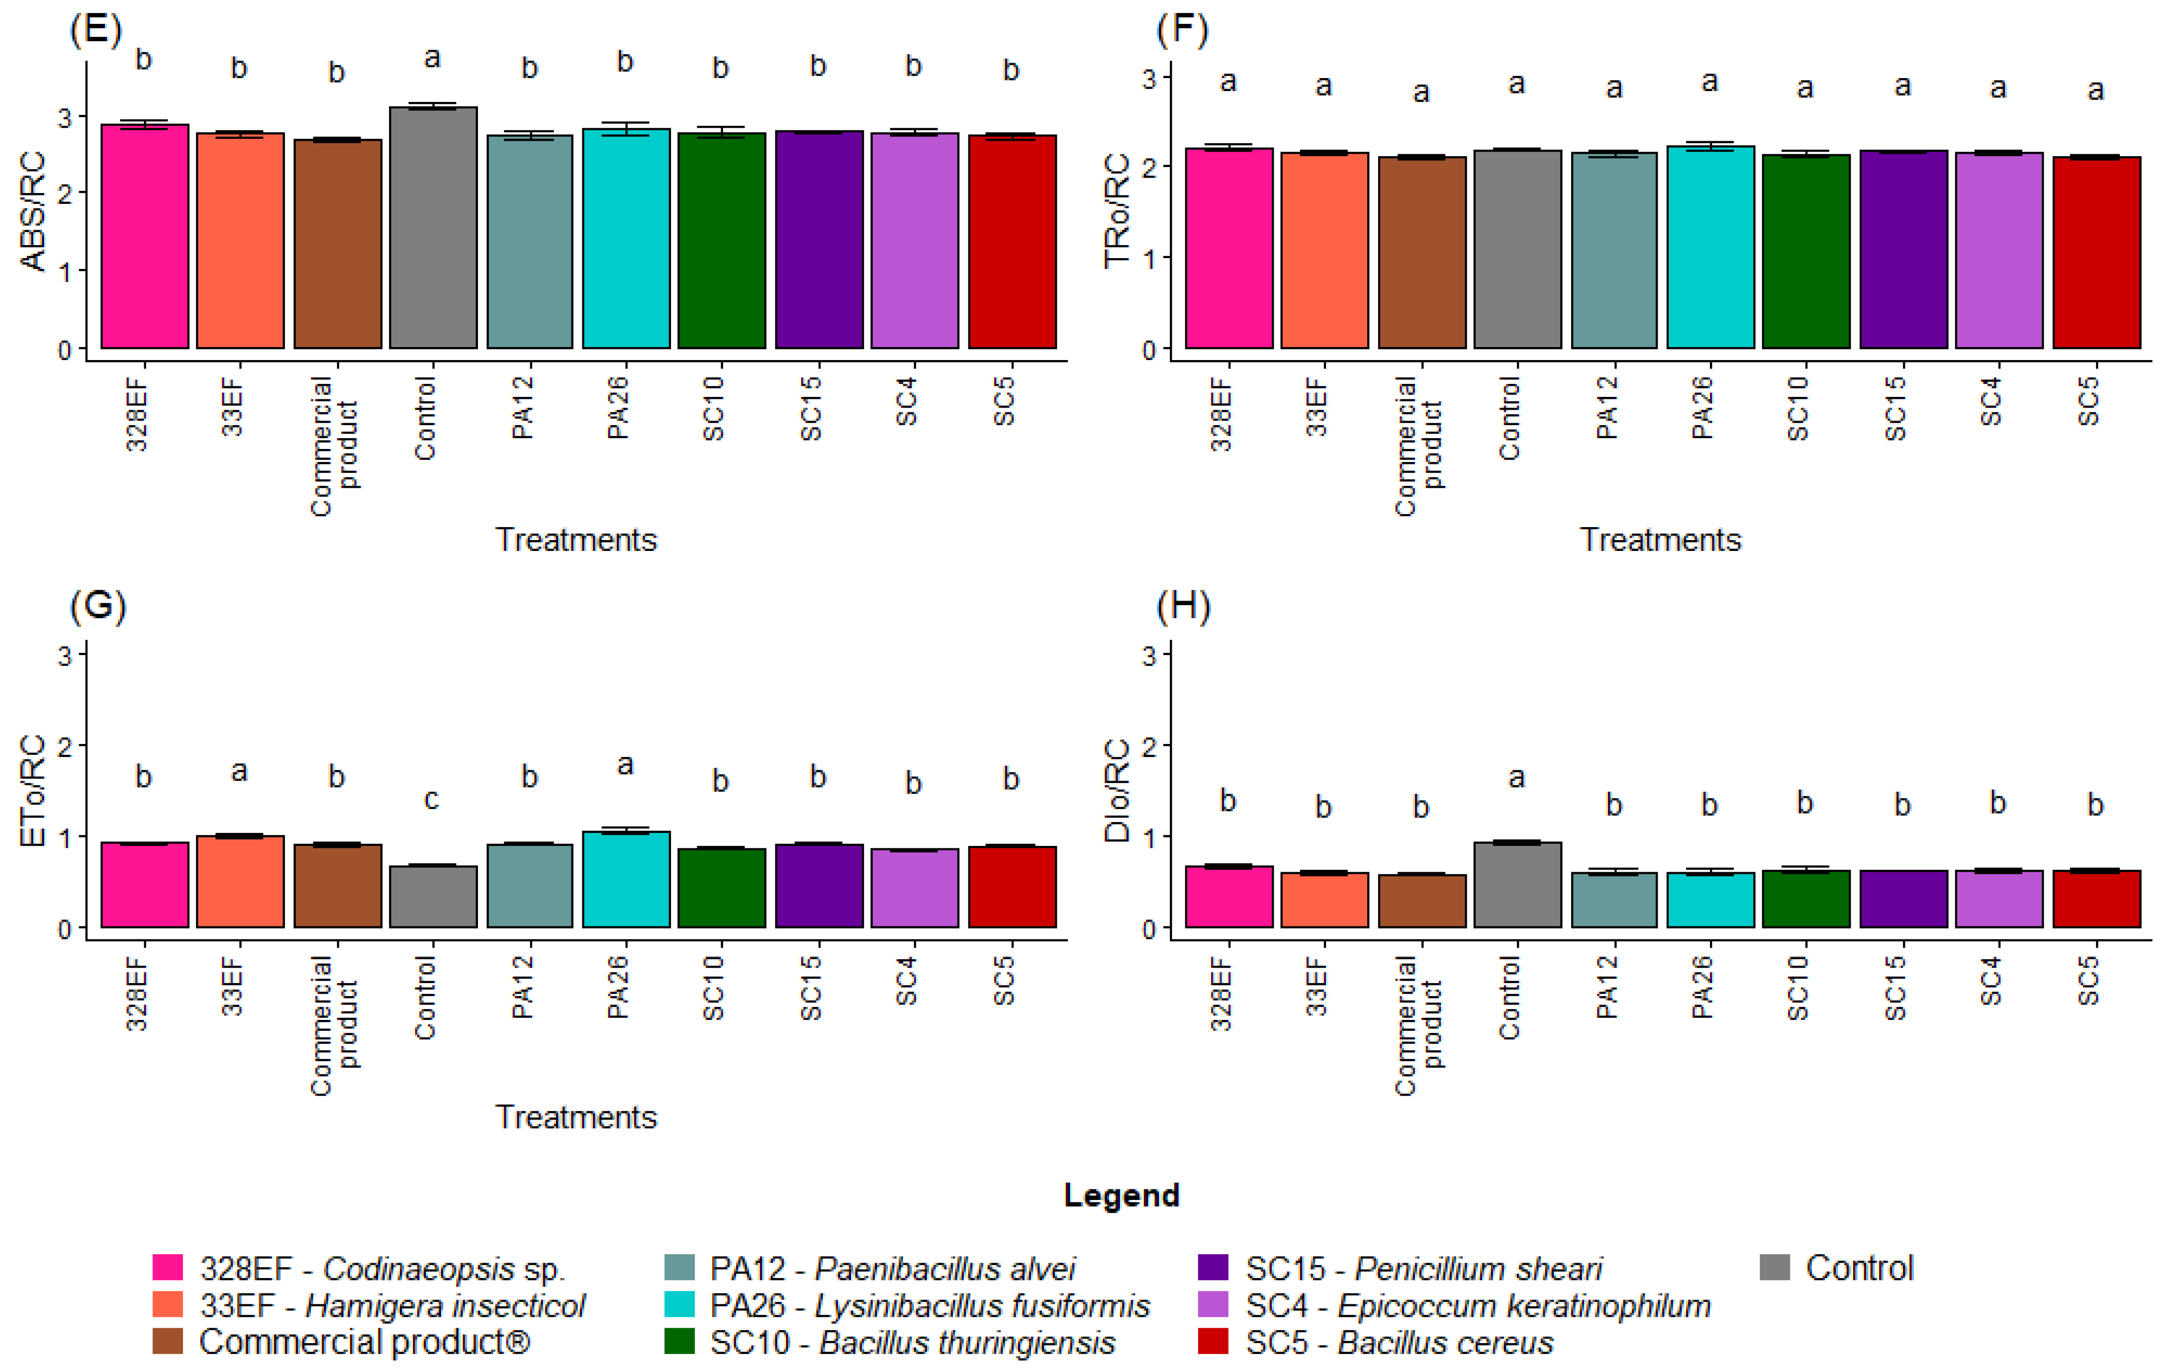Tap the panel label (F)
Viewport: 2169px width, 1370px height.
pos(1182,30)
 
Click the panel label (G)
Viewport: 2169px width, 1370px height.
pos(97,606)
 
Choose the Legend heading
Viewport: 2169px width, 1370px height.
pos(1122,1195)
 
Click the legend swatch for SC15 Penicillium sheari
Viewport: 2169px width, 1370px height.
pos(1213,1268)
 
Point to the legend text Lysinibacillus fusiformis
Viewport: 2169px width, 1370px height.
pos(982,1305)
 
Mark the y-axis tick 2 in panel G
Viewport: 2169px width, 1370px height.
pos(65,746)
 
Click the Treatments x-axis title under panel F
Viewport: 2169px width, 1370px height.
pos(1660,540)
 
